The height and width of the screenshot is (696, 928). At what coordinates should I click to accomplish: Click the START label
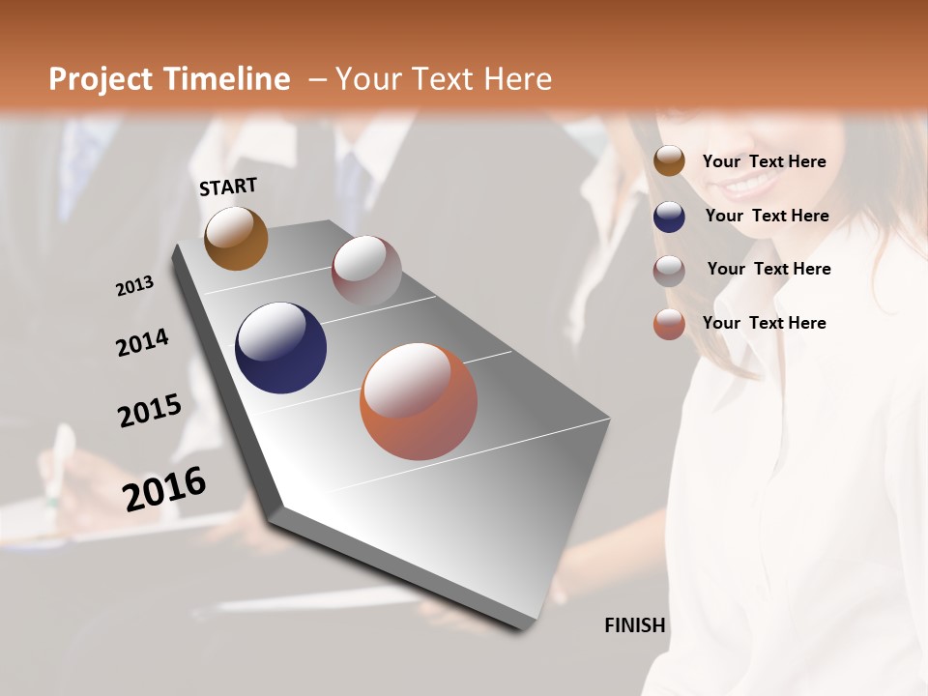click(228, 187)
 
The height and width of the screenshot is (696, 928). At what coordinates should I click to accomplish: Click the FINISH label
click(634, 625)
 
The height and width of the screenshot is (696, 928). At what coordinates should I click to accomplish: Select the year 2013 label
click(134, 286)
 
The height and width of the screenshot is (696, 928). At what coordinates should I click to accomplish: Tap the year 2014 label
click(142, 342)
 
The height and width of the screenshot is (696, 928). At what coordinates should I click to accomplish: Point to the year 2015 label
click(150, 410)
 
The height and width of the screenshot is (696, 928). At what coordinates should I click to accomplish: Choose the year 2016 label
click(164, 488)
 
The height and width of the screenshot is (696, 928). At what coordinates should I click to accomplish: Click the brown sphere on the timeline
click(236, 238)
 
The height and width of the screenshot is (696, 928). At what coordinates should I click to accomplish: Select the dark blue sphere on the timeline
click(280, 348)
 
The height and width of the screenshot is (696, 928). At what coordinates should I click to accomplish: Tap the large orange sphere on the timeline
click(419, 401)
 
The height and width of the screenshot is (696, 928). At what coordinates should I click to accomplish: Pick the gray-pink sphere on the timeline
click(366, 271)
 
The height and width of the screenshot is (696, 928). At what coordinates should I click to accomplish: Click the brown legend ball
click(669, 161)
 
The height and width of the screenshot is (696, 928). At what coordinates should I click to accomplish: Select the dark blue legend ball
click(669, 217)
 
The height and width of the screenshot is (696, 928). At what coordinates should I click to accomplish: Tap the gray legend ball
click(669, 271)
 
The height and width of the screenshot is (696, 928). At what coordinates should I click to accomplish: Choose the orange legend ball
click(669, 324)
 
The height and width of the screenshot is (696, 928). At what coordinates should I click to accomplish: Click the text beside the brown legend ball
click(764, 161)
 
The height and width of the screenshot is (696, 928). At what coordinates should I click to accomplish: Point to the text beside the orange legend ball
click(764, 323)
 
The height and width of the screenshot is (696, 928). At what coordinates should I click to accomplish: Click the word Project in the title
click(101, 79)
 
